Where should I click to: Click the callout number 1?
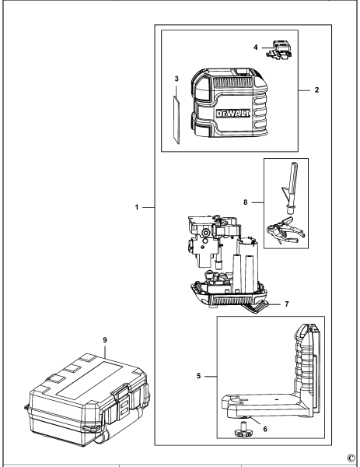[136, 209]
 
